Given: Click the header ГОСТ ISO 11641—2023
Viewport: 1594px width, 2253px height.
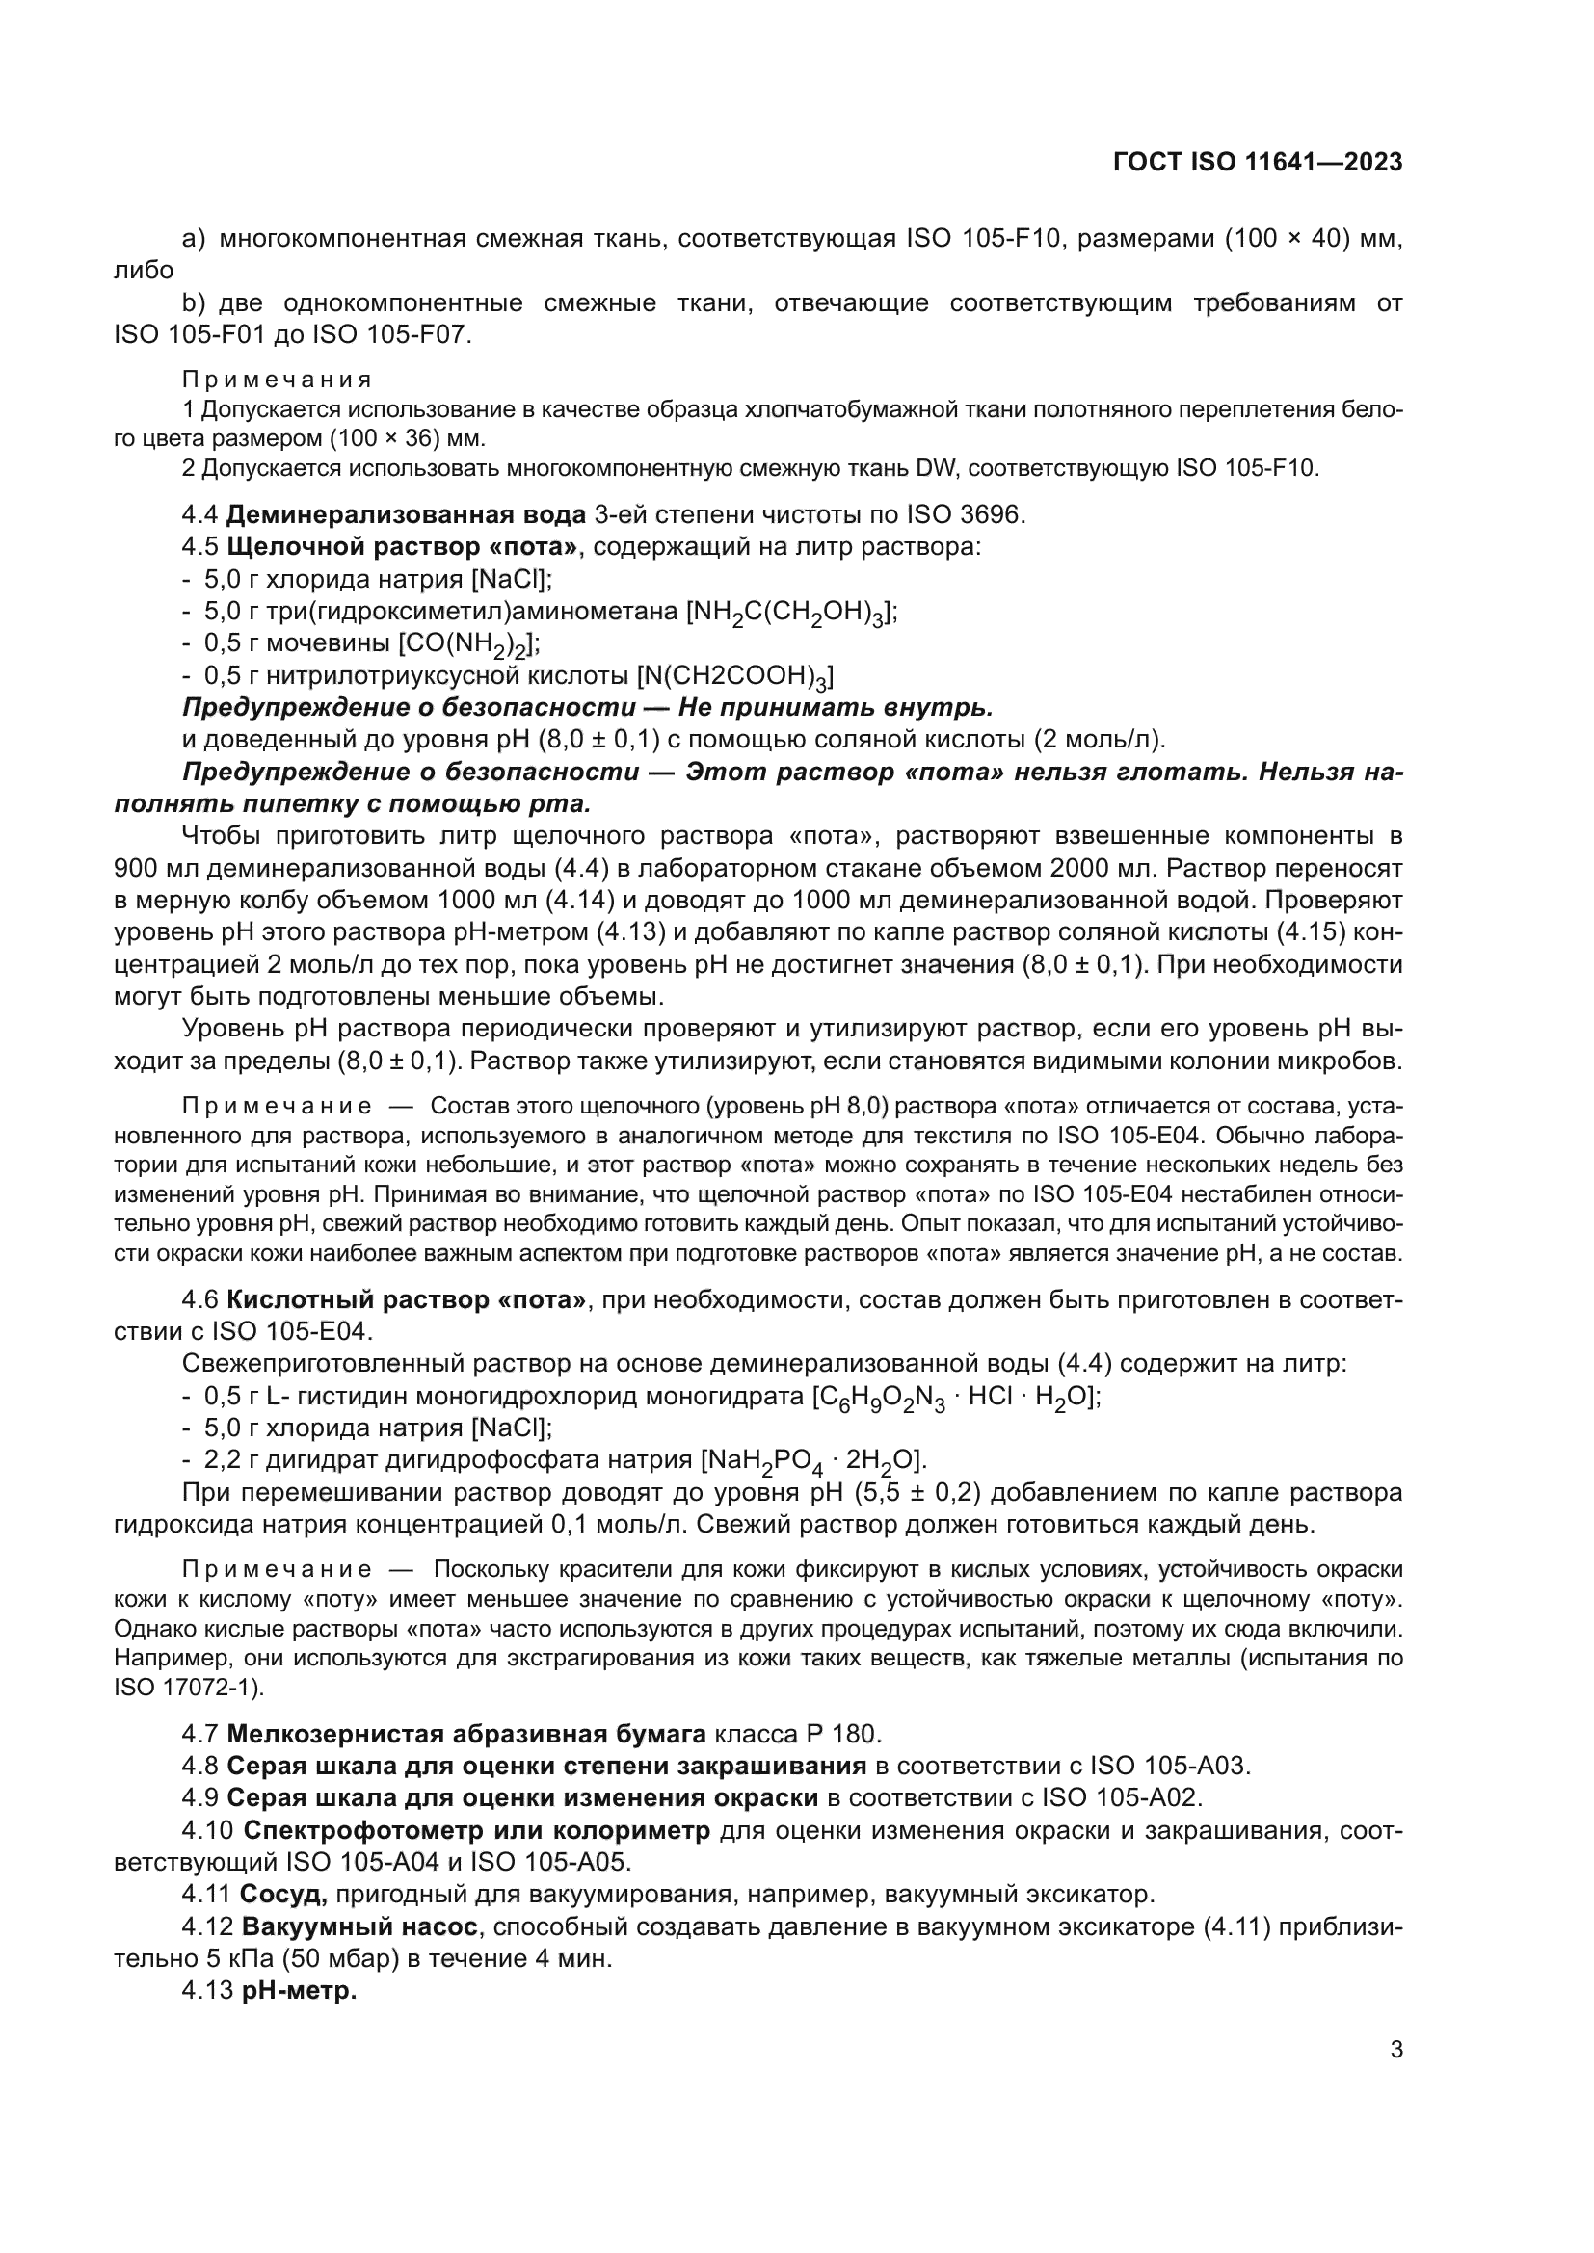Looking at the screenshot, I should pos(1258,163).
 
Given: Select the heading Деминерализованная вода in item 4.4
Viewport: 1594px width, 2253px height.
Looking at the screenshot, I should pos(407,514).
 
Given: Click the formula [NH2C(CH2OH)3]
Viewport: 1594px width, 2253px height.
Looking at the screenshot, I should pos(791,614).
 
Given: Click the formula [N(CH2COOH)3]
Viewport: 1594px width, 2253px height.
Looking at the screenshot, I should pos(735,677).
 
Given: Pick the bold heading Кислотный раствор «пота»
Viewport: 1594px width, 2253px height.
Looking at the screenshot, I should pos(407,1300).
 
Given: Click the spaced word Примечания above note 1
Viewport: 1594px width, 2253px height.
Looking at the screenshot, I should pos(277,380).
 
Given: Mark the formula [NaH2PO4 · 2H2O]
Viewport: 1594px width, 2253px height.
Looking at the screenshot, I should pos(812,1461).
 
